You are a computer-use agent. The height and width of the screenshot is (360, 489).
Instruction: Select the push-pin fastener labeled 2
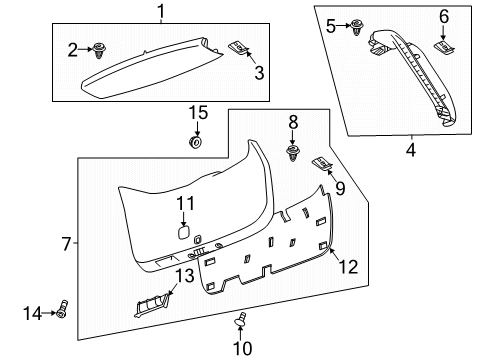coord(99,47)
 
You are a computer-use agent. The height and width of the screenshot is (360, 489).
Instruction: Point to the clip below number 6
coord(443,46)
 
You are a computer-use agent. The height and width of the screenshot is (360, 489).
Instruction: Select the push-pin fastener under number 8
coord(293,153)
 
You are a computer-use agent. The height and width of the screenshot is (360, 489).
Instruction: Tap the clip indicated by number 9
coord(322,162)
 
